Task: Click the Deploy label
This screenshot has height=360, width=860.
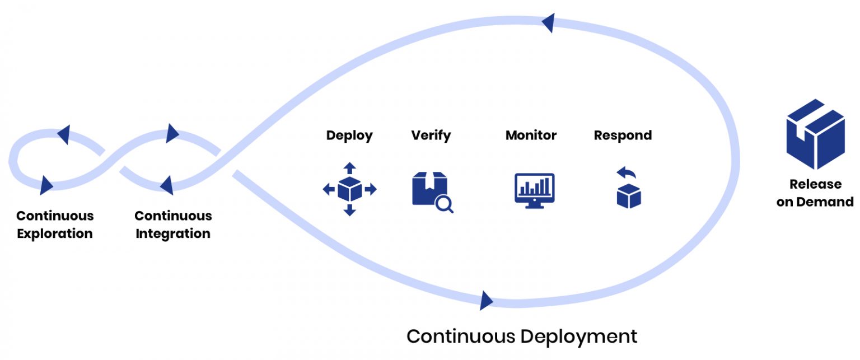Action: (x=349, y=135)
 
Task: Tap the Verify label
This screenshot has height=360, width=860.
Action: (x=431, y=135)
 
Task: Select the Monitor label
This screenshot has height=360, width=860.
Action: (x=531, y=135)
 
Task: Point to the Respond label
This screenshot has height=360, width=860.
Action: (x=623, y=135)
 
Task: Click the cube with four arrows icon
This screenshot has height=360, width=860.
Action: (x=349, y=189)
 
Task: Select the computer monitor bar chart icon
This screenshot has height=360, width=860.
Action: (x=534, y=190)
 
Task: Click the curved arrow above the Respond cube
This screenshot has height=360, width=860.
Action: (x=624, y=172)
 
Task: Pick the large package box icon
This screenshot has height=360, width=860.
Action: (x=815, y=134)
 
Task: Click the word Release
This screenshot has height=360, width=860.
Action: (x=815, y=184)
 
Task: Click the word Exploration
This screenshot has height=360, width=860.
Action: (x=55, y=233)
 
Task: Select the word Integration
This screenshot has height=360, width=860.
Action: (x=173, y=233)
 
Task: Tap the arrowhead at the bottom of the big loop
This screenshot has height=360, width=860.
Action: (x=486, y=300)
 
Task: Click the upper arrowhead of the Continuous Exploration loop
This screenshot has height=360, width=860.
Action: (x=64, y=134)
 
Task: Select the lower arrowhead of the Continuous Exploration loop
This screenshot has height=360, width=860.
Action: (x=46, y=184)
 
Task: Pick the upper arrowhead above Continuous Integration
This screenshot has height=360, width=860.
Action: (x=172, y=133)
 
